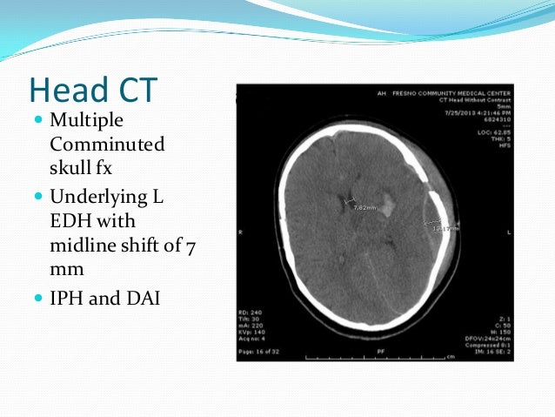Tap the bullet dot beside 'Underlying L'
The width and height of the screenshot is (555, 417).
[38, 198]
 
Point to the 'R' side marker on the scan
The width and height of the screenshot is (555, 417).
[240, 234]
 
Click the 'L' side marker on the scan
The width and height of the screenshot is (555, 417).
[508, 234]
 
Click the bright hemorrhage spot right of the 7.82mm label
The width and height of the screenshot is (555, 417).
[389, 204]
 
